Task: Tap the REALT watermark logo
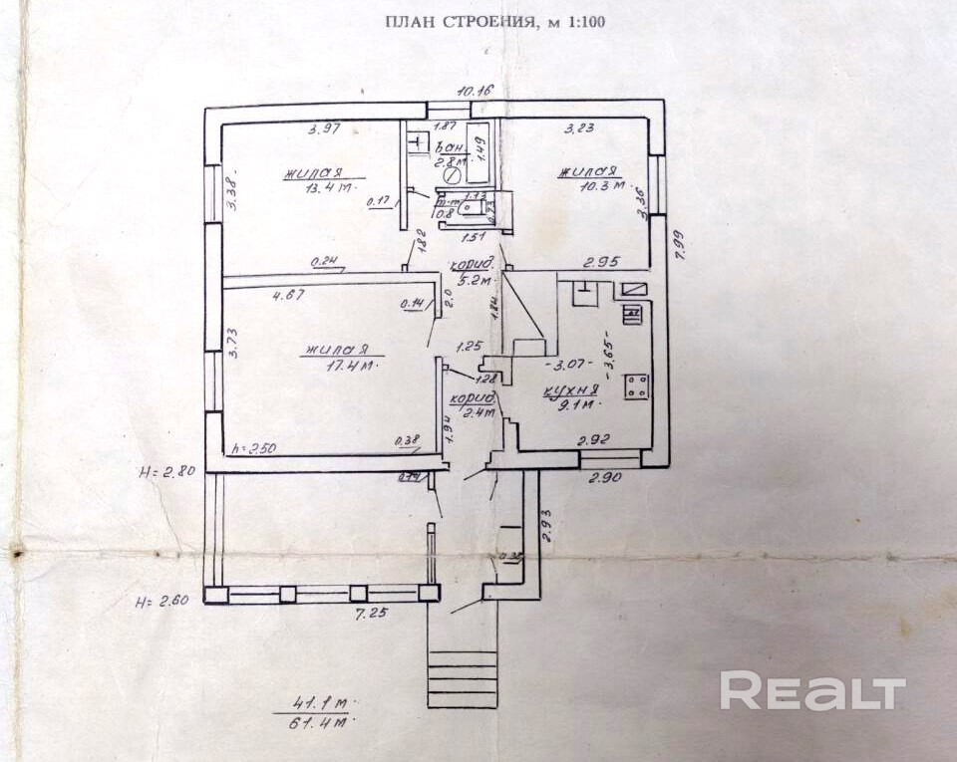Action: (x=812, y=691)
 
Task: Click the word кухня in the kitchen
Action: (x=570, y=390)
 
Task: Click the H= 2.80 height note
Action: (x=165, y=471)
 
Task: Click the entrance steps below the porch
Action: (x=462, y=678)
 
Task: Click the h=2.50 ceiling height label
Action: (x=252, y=448)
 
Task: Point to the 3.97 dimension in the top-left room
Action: (x=325, y=128)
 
